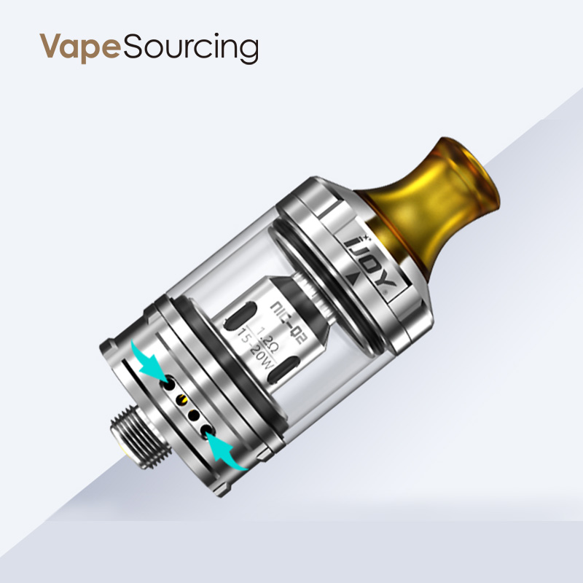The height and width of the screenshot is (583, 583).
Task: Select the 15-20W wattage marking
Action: point(249,345)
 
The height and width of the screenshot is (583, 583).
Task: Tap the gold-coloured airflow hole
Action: point(182,399)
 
